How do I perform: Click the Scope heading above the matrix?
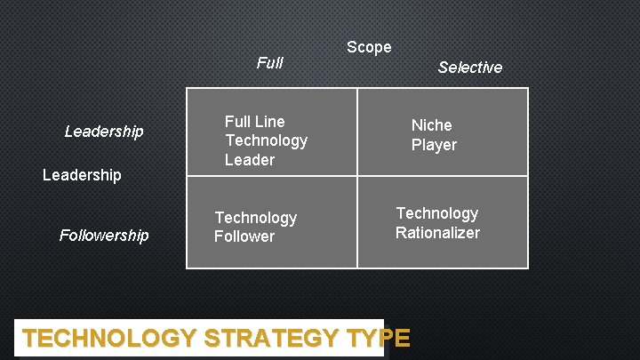tap(369, 47)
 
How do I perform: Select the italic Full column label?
tap(269, 62)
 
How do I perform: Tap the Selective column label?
tap(470, 68)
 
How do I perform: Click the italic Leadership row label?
tap(104, 132)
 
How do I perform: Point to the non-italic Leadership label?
tap(82, 175)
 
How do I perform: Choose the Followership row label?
tap(104, 236)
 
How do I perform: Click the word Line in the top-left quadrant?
tap(268, 121)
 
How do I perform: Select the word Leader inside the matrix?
tap(250, 160)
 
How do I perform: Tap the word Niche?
tap(431, 125)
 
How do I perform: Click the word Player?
tap(434, 145)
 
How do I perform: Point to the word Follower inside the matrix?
tap(244, 236)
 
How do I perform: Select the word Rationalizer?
tap(437, 233)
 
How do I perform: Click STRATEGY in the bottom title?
tap(272, 339)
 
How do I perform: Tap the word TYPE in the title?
tap(379, 339)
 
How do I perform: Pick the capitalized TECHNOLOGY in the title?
tap(109, 339)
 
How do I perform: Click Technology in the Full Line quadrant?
tap(266, 140)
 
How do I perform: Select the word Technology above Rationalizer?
tap(436, 213)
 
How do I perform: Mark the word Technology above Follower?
tap(256, 218)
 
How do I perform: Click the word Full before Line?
tap(238, 121)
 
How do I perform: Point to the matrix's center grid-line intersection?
tap(357, 177)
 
